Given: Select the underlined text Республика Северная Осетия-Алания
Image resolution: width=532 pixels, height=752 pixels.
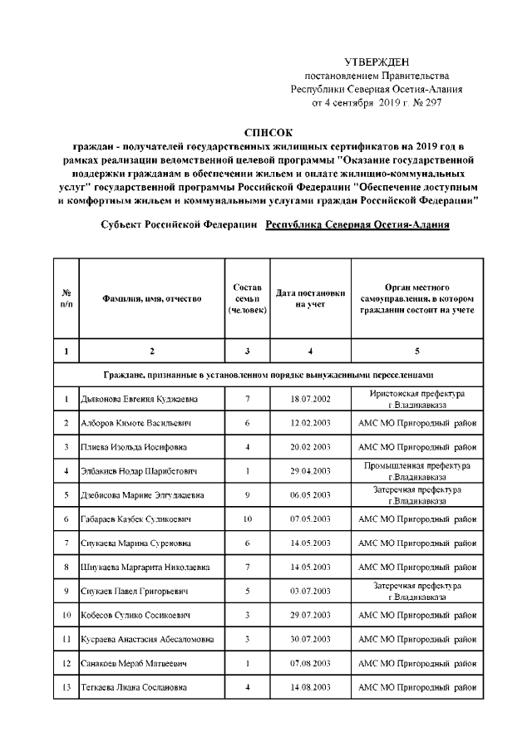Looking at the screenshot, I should tap(357, 226).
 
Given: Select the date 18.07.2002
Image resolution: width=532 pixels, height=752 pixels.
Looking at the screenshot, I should tap(311, 400).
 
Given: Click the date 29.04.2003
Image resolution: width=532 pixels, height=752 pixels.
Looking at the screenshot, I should tap(311, 471).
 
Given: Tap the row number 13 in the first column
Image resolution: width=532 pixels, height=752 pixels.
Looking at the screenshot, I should tap(66, 687).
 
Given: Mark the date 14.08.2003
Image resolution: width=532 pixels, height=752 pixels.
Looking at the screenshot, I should tap(311, 687).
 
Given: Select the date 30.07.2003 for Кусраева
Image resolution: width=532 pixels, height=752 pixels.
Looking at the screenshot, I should tap(311, 639).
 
